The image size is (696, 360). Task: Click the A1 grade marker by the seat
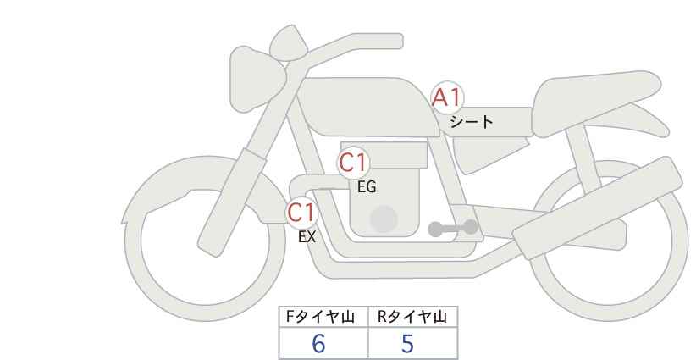point(447,97)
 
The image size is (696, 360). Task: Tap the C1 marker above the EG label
point(353,163)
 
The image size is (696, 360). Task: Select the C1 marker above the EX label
point(301,213)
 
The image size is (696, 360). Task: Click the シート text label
point(471,122)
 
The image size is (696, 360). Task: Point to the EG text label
point(367,187)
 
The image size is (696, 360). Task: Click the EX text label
point(307,237)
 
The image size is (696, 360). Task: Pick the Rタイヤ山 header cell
point(413,317)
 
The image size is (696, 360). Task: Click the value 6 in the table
point(318,343)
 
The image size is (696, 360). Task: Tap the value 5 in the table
point(407,343)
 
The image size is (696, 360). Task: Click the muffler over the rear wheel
point(597,208)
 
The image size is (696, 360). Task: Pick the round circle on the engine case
point(384,219)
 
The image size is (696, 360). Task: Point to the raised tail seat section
point(594,103)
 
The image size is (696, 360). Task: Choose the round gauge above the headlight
point(289,43)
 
